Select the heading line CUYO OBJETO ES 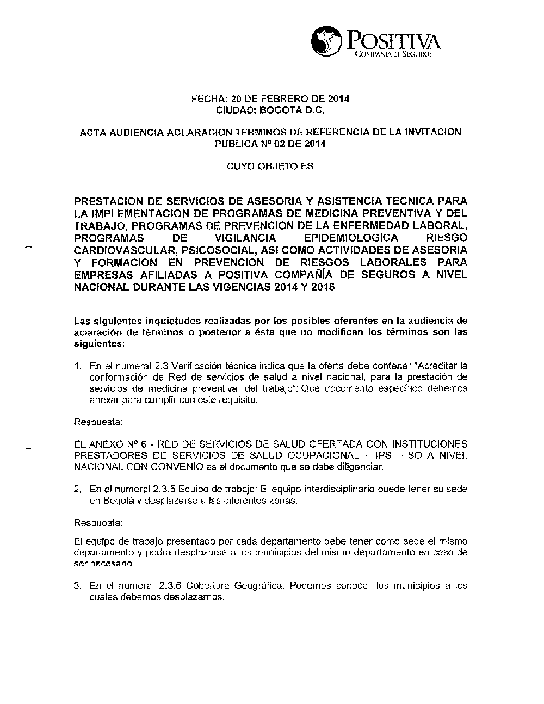pos(270,166)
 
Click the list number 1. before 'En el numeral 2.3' pos(78,365)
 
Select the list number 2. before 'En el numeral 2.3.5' pos(78,489)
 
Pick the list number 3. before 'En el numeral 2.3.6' pos(78,586)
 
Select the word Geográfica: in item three pos(260,586)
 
